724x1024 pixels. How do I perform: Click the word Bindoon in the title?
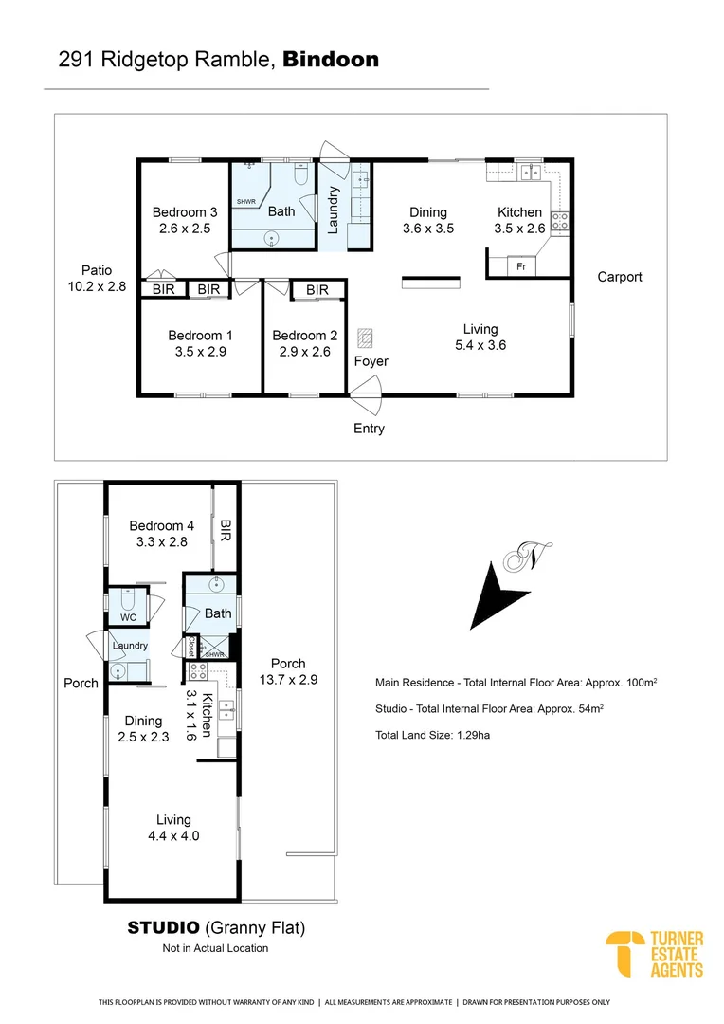coord(331,60)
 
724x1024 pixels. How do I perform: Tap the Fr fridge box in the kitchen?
coord(521,266)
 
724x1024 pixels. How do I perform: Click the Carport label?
coord(619,277)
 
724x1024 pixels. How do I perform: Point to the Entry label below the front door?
coord(369,429)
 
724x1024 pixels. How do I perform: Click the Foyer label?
coord(371,361)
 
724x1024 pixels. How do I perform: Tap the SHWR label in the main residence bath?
coord(246,202)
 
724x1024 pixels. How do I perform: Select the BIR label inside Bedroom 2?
coord(317,290)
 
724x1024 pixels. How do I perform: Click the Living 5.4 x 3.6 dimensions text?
coord(480,345)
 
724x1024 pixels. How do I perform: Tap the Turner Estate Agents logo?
coord(655,954)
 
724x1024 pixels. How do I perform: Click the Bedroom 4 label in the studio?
coord(162,534)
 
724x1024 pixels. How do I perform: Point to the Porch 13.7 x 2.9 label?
coord(288,671)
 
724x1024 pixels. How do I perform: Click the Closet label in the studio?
coord(190,646)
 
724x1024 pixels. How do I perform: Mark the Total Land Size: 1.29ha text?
coord(433,735)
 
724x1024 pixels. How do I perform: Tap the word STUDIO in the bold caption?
coord(163,927)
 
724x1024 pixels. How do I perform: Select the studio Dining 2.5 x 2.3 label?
coord(143,728)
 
